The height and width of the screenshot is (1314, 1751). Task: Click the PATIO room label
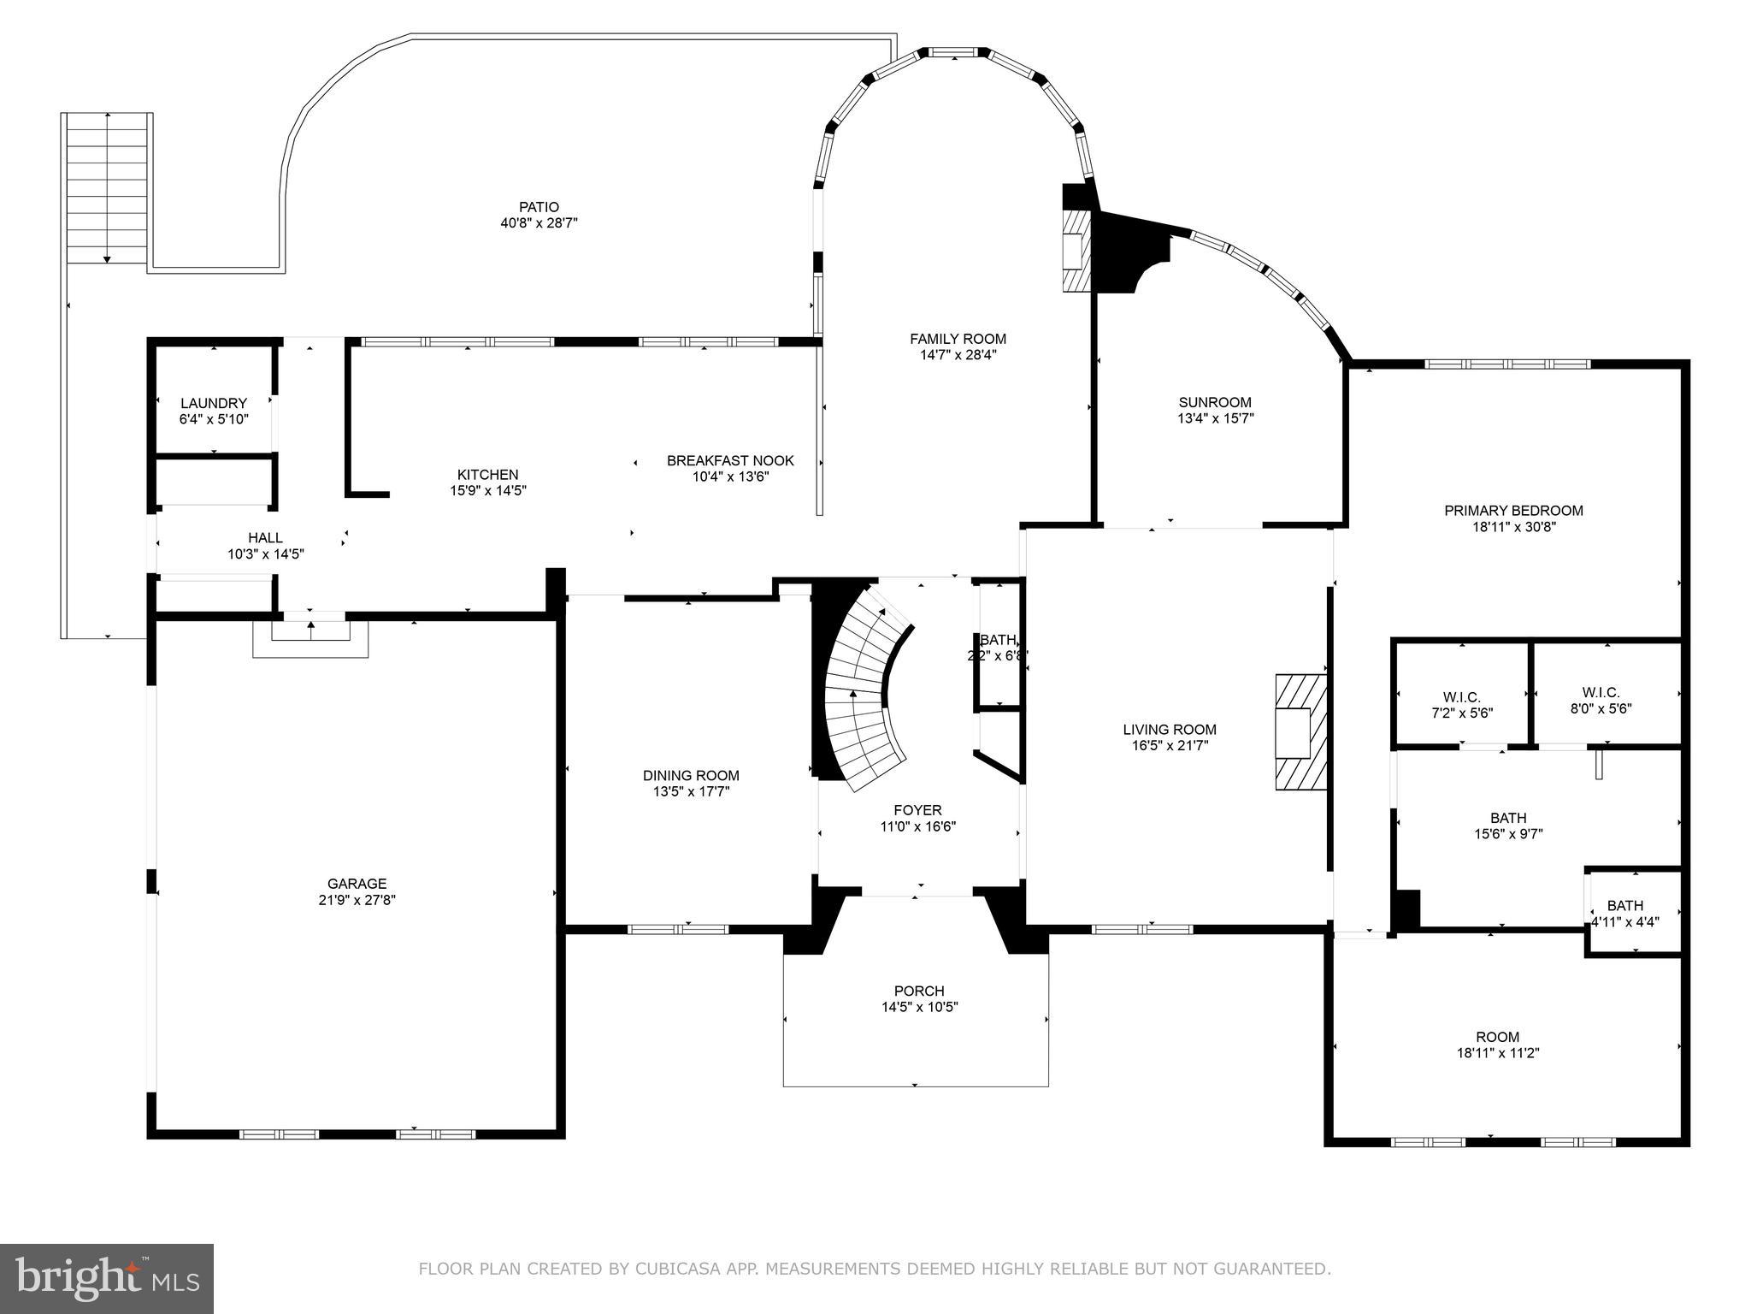click(x=539, y=207)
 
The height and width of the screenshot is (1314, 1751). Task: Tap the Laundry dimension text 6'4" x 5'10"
click(x=214, y=420)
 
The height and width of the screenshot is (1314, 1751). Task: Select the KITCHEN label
click(x=487, y=475)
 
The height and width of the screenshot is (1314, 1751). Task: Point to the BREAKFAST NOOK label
click(x=730, y=460)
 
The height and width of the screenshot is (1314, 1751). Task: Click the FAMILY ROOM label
click(x=958, y=339)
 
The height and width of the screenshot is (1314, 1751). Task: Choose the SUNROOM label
click(x=1215, y=402)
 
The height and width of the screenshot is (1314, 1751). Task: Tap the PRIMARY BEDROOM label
click(x=1513, y=511)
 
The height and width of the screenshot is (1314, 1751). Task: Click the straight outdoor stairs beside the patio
click(x=107, y=188)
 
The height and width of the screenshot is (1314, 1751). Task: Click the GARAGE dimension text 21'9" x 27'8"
click(x=357, y=900)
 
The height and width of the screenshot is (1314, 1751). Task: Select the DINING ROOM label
click(x=691, y=776)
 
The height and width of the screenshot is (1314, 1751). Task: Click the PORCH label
click(x=919, y=991)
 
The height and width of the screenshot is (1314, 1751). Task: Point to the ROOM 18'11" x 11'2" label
click(x=1497, y=1037)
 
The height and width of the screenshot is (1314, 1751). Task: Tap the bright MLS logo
click(x=107, y=1278)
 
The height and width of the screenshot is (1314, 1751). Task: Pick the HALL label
click(x=265, y=538)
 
